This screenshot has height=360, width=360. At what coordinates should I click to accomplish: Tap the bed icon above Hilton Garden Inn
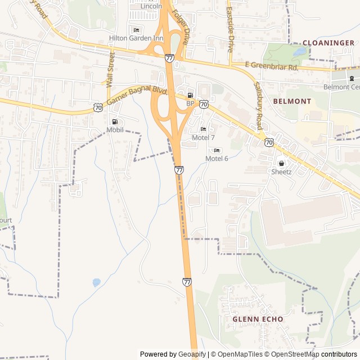click(x=136, y=30)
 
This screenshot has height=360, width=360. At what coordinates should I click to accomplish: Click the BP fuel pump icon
click(x=190, y=95)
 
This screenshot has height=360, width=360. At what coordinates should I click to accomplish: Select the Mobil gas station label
click(x=115, y=130)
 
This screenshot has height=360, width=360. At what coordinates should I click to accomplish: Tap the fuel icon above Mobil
click(x=115, y=121)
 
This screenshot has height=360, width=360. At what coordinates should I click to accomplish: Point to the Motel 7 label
click(x=203, y=138)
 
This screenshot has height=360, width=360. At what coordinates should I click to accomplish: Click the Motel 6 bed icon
click(x=217, y=150)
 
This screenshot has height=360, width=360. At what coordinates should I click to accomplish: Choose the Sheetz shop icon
click(x=281, y=163)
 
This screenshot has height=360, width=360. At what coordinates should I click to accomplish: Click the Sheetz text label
click(x=281, y=172)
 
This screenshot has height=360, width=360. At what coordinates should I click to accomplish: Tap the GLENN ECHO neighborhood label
click(x=258, y=319)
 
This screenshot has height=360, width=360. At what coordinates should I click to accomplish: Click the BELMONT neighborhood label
click(x=292, y=101)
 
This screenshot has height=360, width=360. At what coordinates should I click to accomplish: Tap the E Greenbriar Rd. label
click(x=271, y=67)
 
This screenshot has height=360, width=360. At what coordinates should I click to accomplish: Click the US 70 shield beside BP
click(x=204, y=104)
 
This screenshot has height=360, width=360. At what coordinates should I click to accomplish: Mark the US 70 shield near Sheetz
click(x=269, y=142)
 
